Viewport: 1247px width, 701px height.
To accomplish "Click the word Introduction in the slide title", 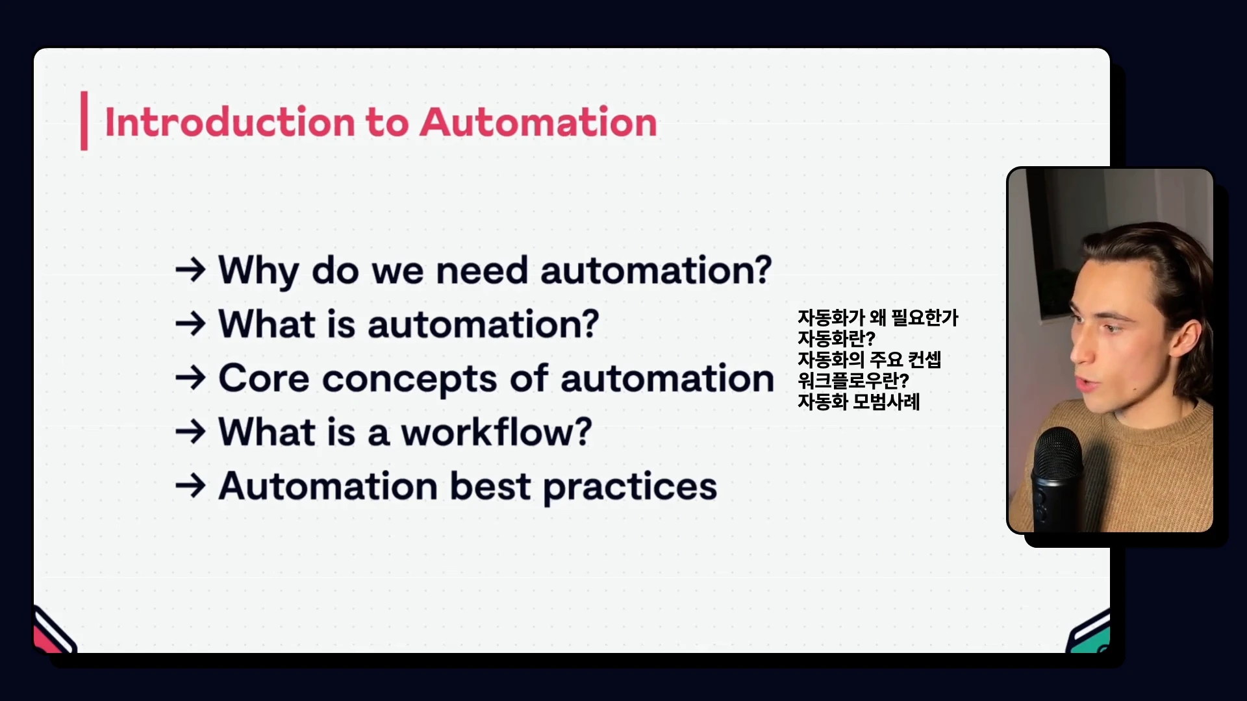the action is pyautogui.click(x=229, y=122).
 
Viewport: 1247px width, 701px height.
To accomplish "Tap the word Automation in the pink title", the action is pyautogui.click(x=538, y=122).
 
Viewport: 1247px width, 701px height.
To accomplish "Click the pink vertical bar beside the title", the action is pyautogui.click(x=84, y=121).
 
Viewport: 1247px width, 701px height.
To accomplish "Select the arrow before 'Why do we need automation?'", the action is pyautogui.click(x=190, y=269).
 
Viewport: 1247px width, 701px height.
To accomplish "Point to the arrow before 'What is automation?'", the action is pyautogui.click(x=190, y=323).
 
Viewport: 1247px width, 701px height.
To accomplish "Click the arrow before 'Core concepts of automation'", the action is pyautogui.click(x=190, y=378).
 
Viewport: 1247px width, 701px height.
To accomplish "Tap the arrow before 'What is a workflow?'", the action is pyautogui.click(x=190, y=432).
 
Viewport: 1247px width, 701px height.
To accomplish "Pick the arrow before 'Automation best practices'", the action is pyautogui.click(x=190, y=486).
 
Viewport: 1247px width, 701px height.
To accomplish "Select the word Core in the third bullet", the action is pyautogui.click(x=264, y=378).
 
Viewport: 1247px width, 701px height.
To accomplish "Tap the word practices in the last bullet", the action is pyautogui.click(x=630, y=488).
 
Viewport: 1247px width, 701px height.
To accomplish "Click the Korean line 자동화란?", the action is pyautogui.click(x=837, y=339).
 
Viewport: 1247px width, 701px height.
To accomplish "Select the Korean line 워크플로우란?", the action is pyautogui.click(x=853, y=380).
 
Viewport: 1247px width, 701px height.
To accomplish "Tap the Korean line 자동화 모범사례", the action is pyautogui.click(x=859, y=402).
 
